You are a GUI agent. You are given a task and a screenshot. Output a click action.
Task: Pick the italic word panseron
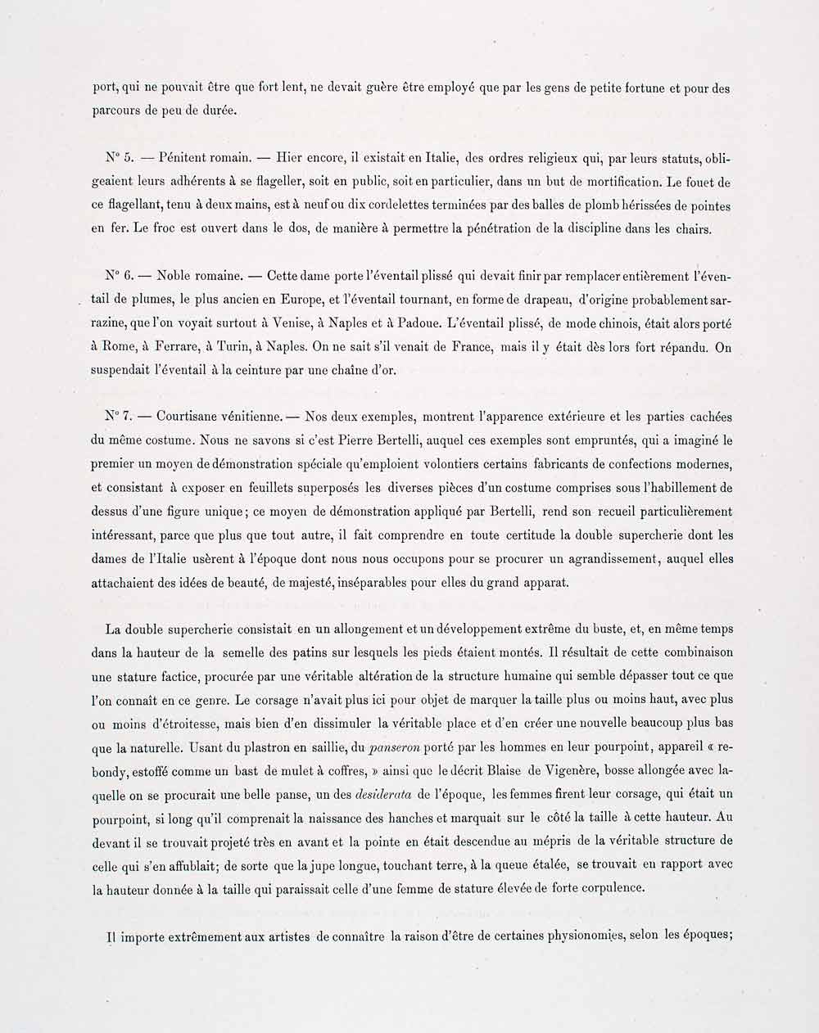(x=396, y=747)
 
